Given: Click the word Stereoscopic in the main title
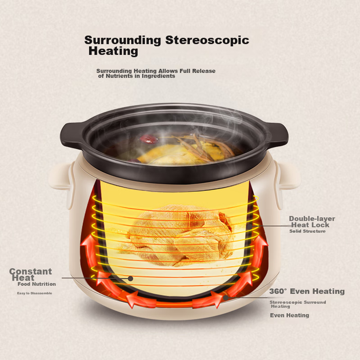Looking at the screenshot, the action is click(x=207, y=40).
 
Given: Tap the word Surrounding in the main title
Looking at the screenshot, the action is click(x=123, y=41).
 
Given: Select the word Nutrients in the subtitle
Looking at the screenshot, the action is click(x=119, y=76).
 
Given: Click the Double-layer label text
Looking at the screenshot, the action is click(x=312, y=218).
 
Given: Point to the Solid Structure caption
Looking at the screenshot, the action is click(x=307, y=231).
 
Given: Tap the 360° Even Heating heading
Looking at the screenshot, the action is click(x=307, y=291).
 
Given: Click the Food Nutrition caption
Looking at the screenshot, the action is click(x=37, y=284).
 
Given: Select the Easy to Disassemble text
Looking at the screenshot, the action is click(x=34, y=293).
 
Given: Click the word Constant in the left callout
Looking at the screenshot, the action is click(x=30, y=271).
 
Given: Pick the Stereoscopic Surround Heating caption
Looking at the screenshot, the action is click(x=298, y=304).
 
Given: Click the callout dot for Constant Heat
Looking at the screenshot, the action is click(x=130, y=278).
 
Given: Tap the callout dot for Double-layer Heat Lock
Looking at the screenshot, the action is click(x=250, y=226).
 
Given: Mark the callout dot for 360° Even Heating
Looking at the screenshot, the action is click(x=226, y=298).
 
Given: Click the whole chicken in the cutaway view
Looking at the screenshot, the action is click(x=179, y=235).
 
